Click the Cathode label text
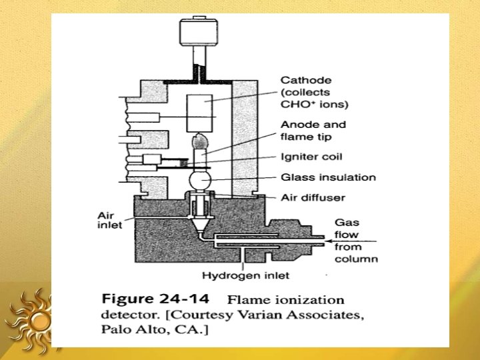point(306,81)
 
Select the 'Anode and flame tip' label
point(313,131)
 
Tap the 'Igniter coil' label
point(313,157)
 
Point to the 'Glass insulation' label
point(328,177)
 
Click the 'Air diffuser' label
point(313,198)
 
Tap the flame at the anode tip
point(198,143)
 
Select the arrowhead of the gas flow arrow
point(327,240)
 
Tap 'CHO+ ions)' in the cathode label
point(315,105)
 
